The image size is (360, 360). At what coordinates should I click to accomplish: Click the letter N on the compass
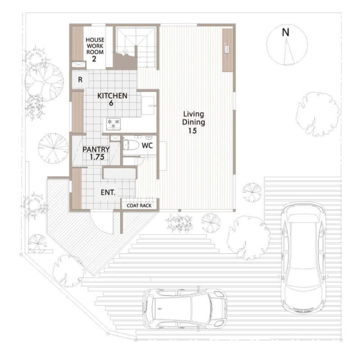tap(285, 32)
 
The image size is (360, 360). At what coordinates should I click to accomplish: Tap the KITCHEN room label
tap(112, 95)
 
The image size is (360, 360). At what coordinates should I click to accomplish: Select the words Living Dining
tap(193, 118)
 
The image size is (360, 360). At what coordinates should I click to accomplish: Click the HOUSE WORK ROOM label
tap(95, 46)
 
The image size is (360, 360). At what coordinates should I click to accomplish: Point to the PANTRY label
tap(96, 149)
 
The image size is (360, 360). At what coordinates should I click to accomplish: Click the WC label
tap(147, 145)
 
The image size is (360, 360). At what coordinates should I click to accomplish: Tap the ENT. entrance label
tap(108, 193)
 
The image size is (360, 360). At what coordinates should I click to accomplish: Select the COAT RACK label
tap(139, 206)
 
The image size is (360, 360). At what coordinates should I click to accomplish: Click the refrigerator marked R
tap(80, 80)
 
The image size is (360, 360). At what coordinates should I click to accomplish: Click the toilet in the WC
tap(131, 145)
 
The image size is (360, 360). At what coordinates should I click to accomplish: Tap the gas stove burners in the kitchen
tap(113, 123)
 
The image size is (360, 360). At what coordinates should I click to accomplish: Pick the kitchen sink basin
tap(148, 105)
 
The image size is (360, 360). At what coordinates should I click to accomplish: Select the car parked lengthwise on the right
tap(303, 257)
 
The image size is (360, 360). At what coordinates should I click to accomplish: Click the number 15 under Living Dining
tap(193, 131)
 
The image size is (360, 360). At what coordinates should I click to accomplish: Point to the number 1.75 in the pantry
tap(97, 157)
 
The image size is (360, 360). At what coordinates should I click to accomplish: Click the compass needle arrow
tap(288, 51)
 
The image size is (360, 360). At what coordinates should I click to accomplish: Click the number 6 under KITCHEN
tap(111, 103)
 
